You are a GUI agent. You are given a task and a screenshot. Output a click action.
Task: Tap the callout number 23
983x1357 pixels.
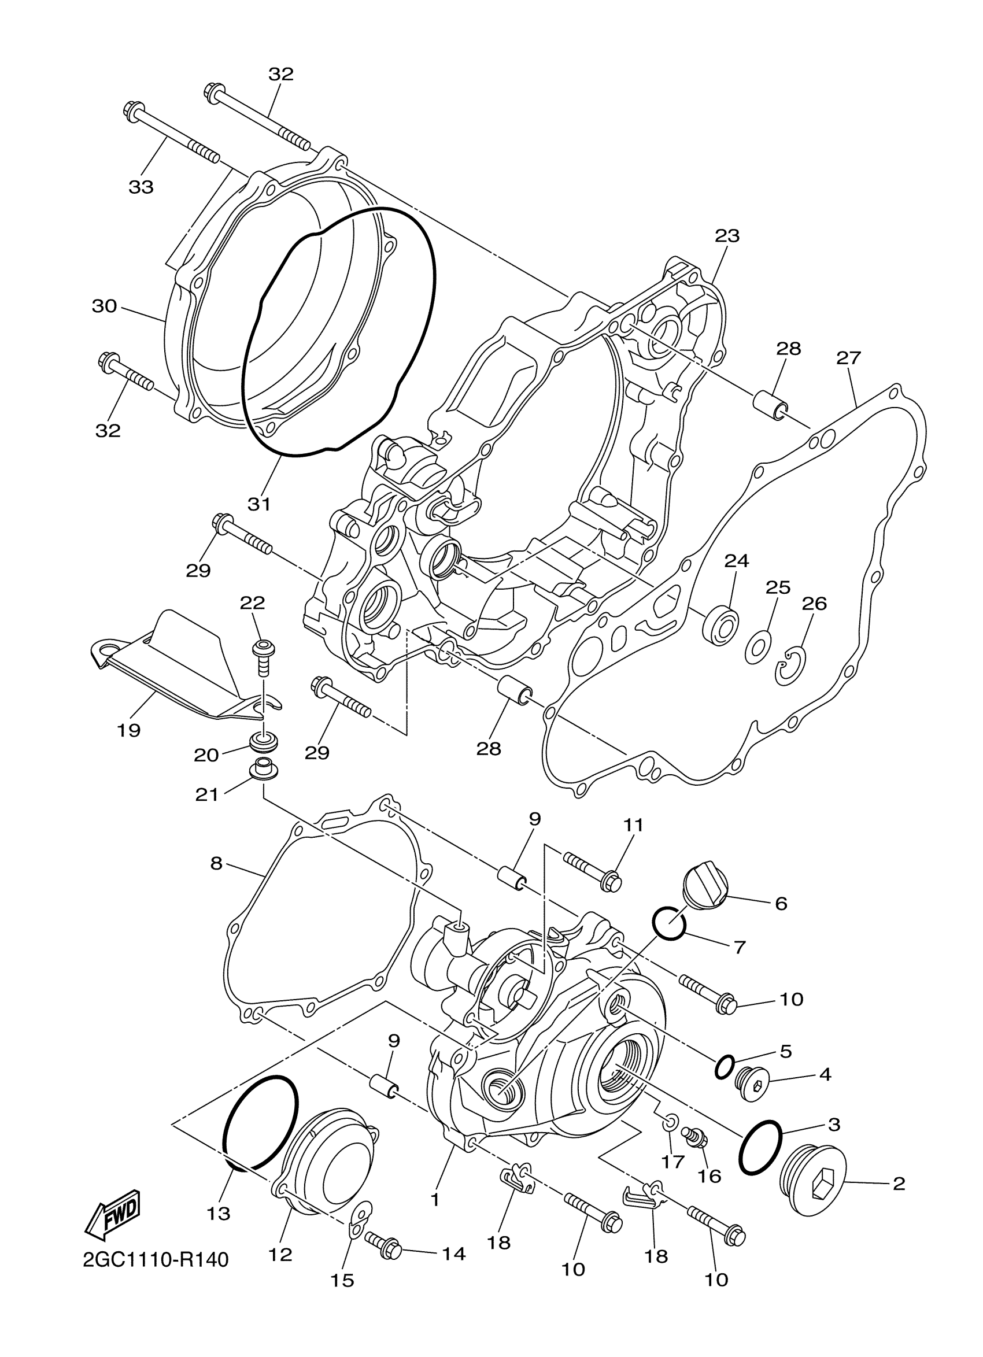point(727,235)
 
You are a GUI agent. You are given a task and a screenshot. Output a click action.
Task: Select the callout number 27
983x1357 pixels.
point(848,358)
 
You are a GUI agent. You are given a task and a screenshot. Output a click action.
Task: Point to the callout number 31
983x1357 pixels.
point(259,504)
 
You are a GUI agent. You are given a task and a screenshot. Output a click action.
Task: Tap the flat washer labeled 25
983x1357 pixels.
point(757,648)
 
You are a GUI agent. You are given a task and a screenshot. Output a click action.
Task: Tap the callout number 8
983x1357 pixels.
point(216,863)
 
